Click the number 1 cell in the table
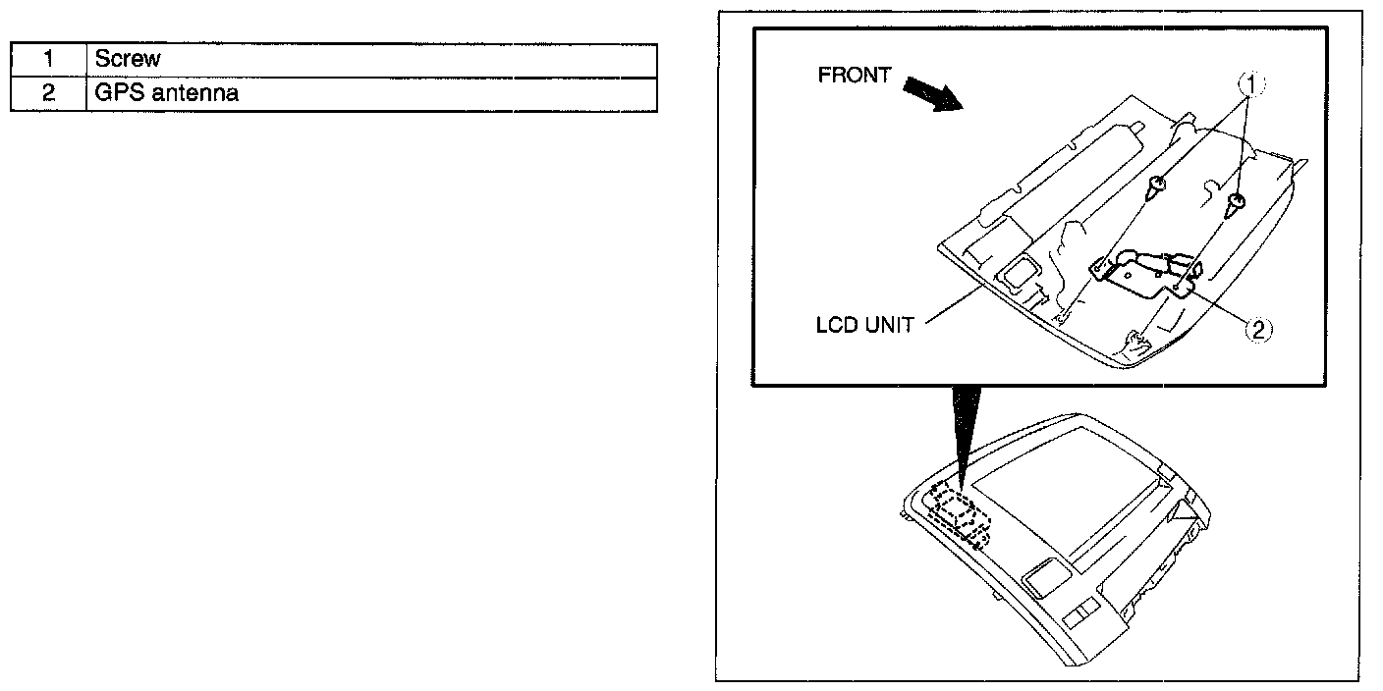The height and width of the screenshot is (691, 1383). [48, 59]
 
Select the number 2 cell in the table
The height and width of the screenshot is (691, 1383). [48, 94]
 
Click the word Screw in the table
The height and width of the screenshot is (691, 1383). [128, 59]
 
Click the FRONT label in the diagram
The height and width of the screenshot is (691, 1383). [855, 76]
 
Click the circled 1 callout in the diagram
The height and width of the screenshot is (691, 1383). [1250, 84]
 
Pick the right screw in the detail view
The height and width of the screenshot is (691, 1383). [1238, 204]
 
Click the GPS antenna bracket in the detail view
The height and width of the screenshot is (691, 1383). [1144, 275]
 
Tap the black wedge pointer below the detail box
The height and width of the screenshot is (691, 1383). [966, 432]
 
